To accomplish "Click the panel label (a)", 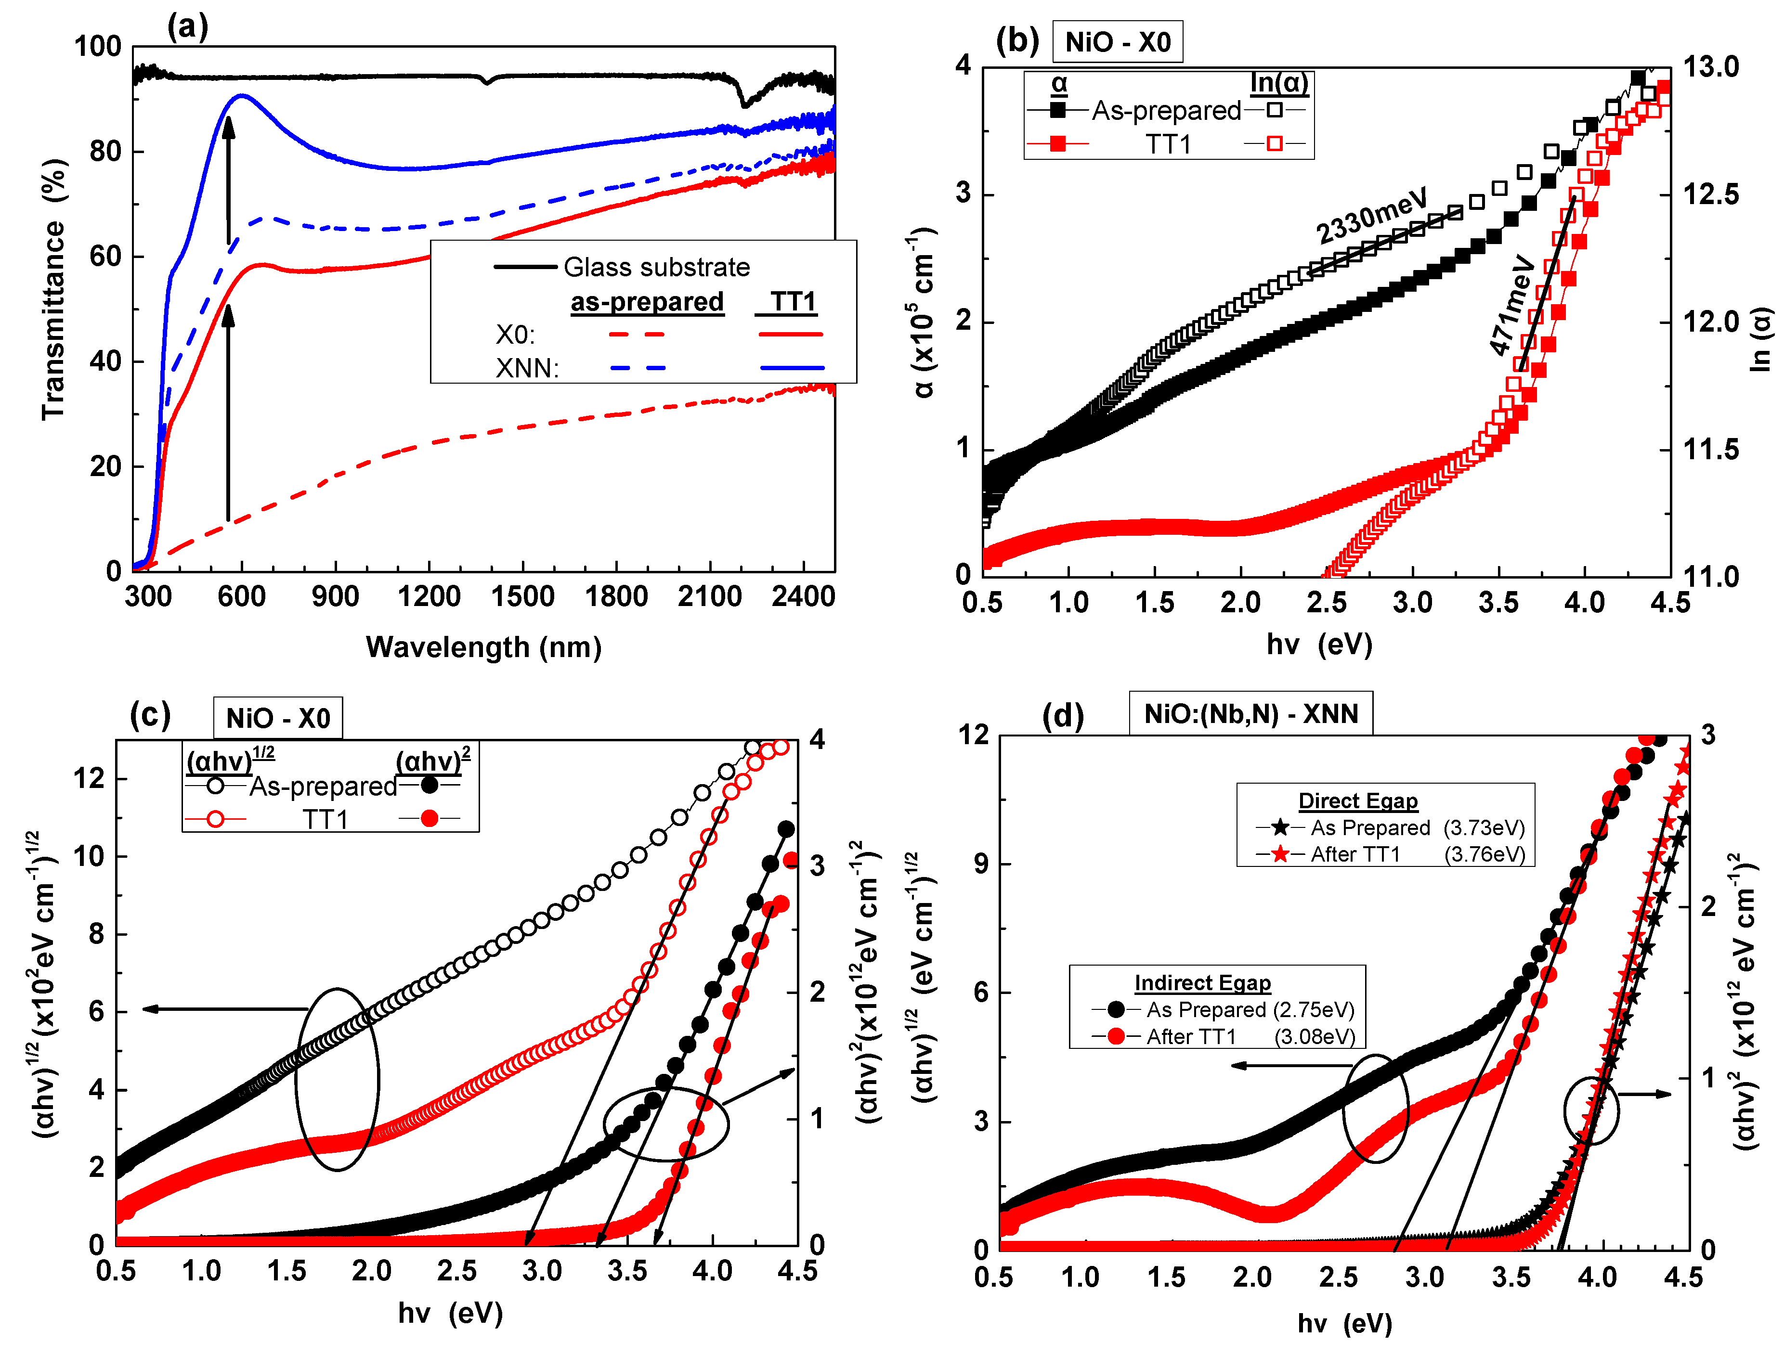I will (187, 26).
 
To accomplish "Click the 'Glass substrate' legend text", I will (656, 267).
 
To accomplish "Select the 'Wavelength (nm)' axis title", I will (483, 647).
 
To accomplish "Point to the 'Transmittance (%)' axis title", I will (53, 289).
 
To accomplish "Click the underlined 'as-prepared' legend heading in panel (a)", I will (647, 302).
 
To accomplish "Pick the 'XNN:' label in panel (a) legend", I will (527, 369).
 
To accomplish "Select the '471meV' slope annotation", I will (1511, 305).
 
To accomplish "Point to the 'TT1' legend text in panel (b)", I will (1168, 144).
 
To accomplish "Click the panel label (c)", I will (150, 715).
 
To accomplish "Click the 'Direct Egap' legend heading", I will (1357, 801).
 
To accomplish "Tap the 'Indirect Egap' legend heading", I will (1202, 982).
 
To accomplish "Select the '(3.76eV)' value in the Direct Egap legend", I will (1484, 854).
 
